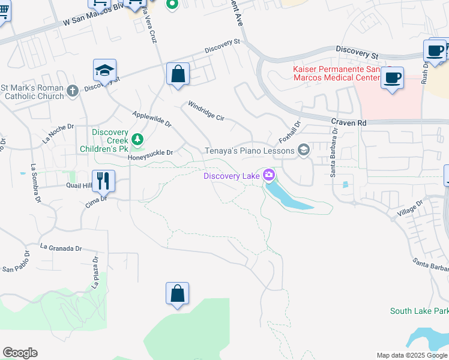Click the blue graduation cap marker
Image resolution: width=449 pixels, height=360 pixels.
coord(104,70)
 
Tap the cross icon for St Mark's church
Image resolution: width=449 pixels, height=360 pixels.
coord(72,91)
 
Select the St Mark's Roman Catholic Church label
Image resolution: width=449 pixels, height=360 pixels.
coord(32,92)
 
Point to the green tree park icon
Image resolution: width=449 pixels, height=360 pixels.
coord(138,140)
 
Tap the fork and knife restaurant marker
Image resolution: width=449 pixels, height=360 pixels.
coord(103,180)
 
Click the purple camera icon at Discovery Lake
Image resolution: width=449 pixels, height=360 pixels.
coord(268,175)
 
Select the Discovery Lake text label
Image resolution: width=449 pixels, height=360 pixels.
coord(232,175)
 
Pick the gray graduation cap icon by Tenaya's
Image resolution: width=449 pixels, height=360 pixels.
coord(303,150)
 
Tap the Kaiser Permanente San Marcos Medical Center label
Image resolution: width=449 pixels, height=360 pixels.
coord(336,73)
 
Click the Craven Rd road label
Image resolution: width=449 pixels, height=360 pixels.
coord(348,122)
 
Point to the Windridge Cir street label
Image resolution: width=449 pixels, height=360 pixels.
coord(206,111)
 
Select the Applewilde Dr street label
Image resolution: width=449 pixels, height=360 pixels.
coord(152,119)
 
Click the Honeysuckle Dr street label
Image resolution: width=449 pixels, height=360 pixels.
coord(150,153)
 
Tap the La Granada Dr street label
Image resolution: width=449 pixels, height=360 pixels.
coord(61,247)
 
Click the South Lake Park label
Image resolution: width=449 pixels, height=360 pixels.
coord(419,311)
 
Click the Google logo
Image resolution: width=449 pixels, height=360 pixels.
coord(20,353)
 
